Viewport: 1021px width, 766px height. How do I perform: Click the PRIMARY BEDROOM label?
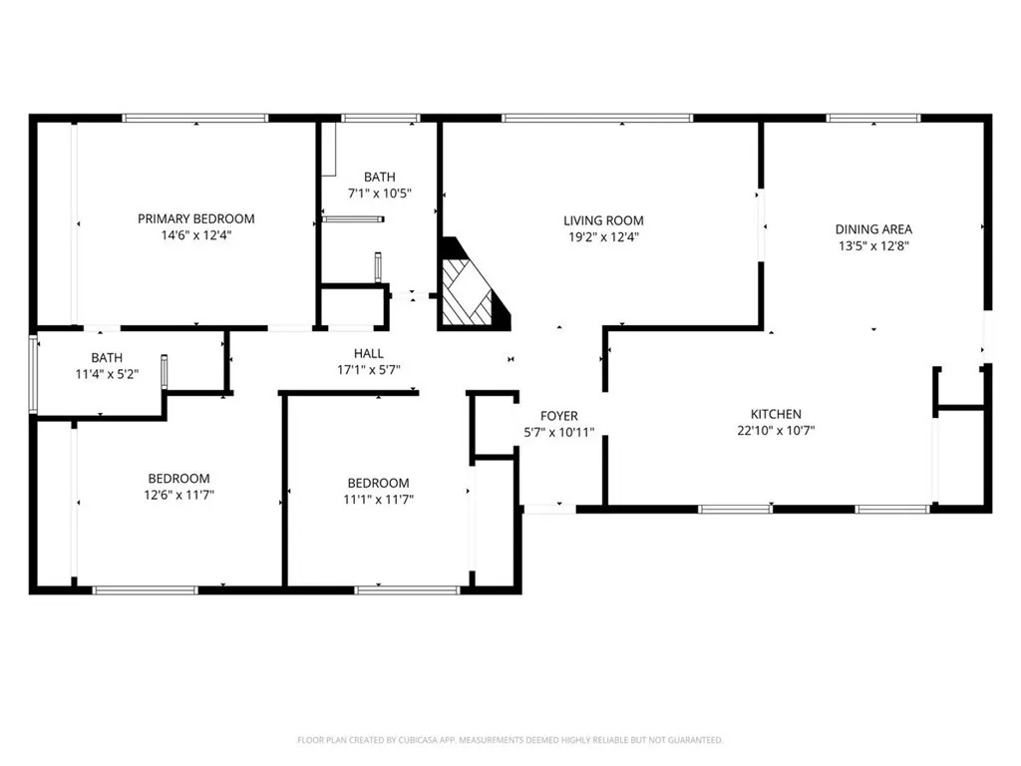coord(195,218)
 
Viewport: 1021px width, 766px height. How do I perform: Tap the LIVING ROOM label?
coord(603,220)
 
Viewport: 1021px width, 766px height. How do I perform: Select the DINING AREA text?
coord(873,228)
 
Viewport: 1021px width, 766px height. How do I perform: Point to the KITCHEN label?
coord(776,414)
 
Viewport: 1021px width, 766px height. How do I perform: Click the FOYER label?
coord(559,416)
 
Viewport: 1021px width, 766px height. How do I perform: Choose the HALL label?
coord(369,353)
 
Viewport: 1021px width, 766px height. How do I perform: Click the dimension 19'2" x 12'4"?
coord(603,237)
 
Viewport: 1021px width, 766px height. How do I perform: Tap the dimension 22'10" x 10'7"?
coord(776,431)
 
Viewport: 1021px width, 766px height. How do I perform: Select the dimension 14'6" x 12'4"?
coord(195,235)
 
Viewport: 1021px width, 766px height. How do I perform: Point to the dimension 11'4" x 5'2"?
coord(107,374)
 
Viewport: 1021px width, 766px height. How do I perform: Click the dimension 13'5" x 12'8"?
coord(873,244)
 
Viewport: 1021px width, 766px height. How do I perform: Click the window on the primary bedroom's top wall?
coord(195,119)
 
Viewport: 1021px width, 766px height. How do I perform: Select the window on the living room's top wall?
coord(596,119)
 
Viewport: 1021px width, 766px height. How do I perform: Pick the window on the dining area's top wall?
coord(873,119)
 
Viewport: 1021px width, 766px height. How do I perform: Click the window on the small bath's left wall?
coord(34,374)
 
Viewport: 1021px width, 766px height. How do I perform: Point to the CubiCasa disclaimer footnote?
coord(510,740)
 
